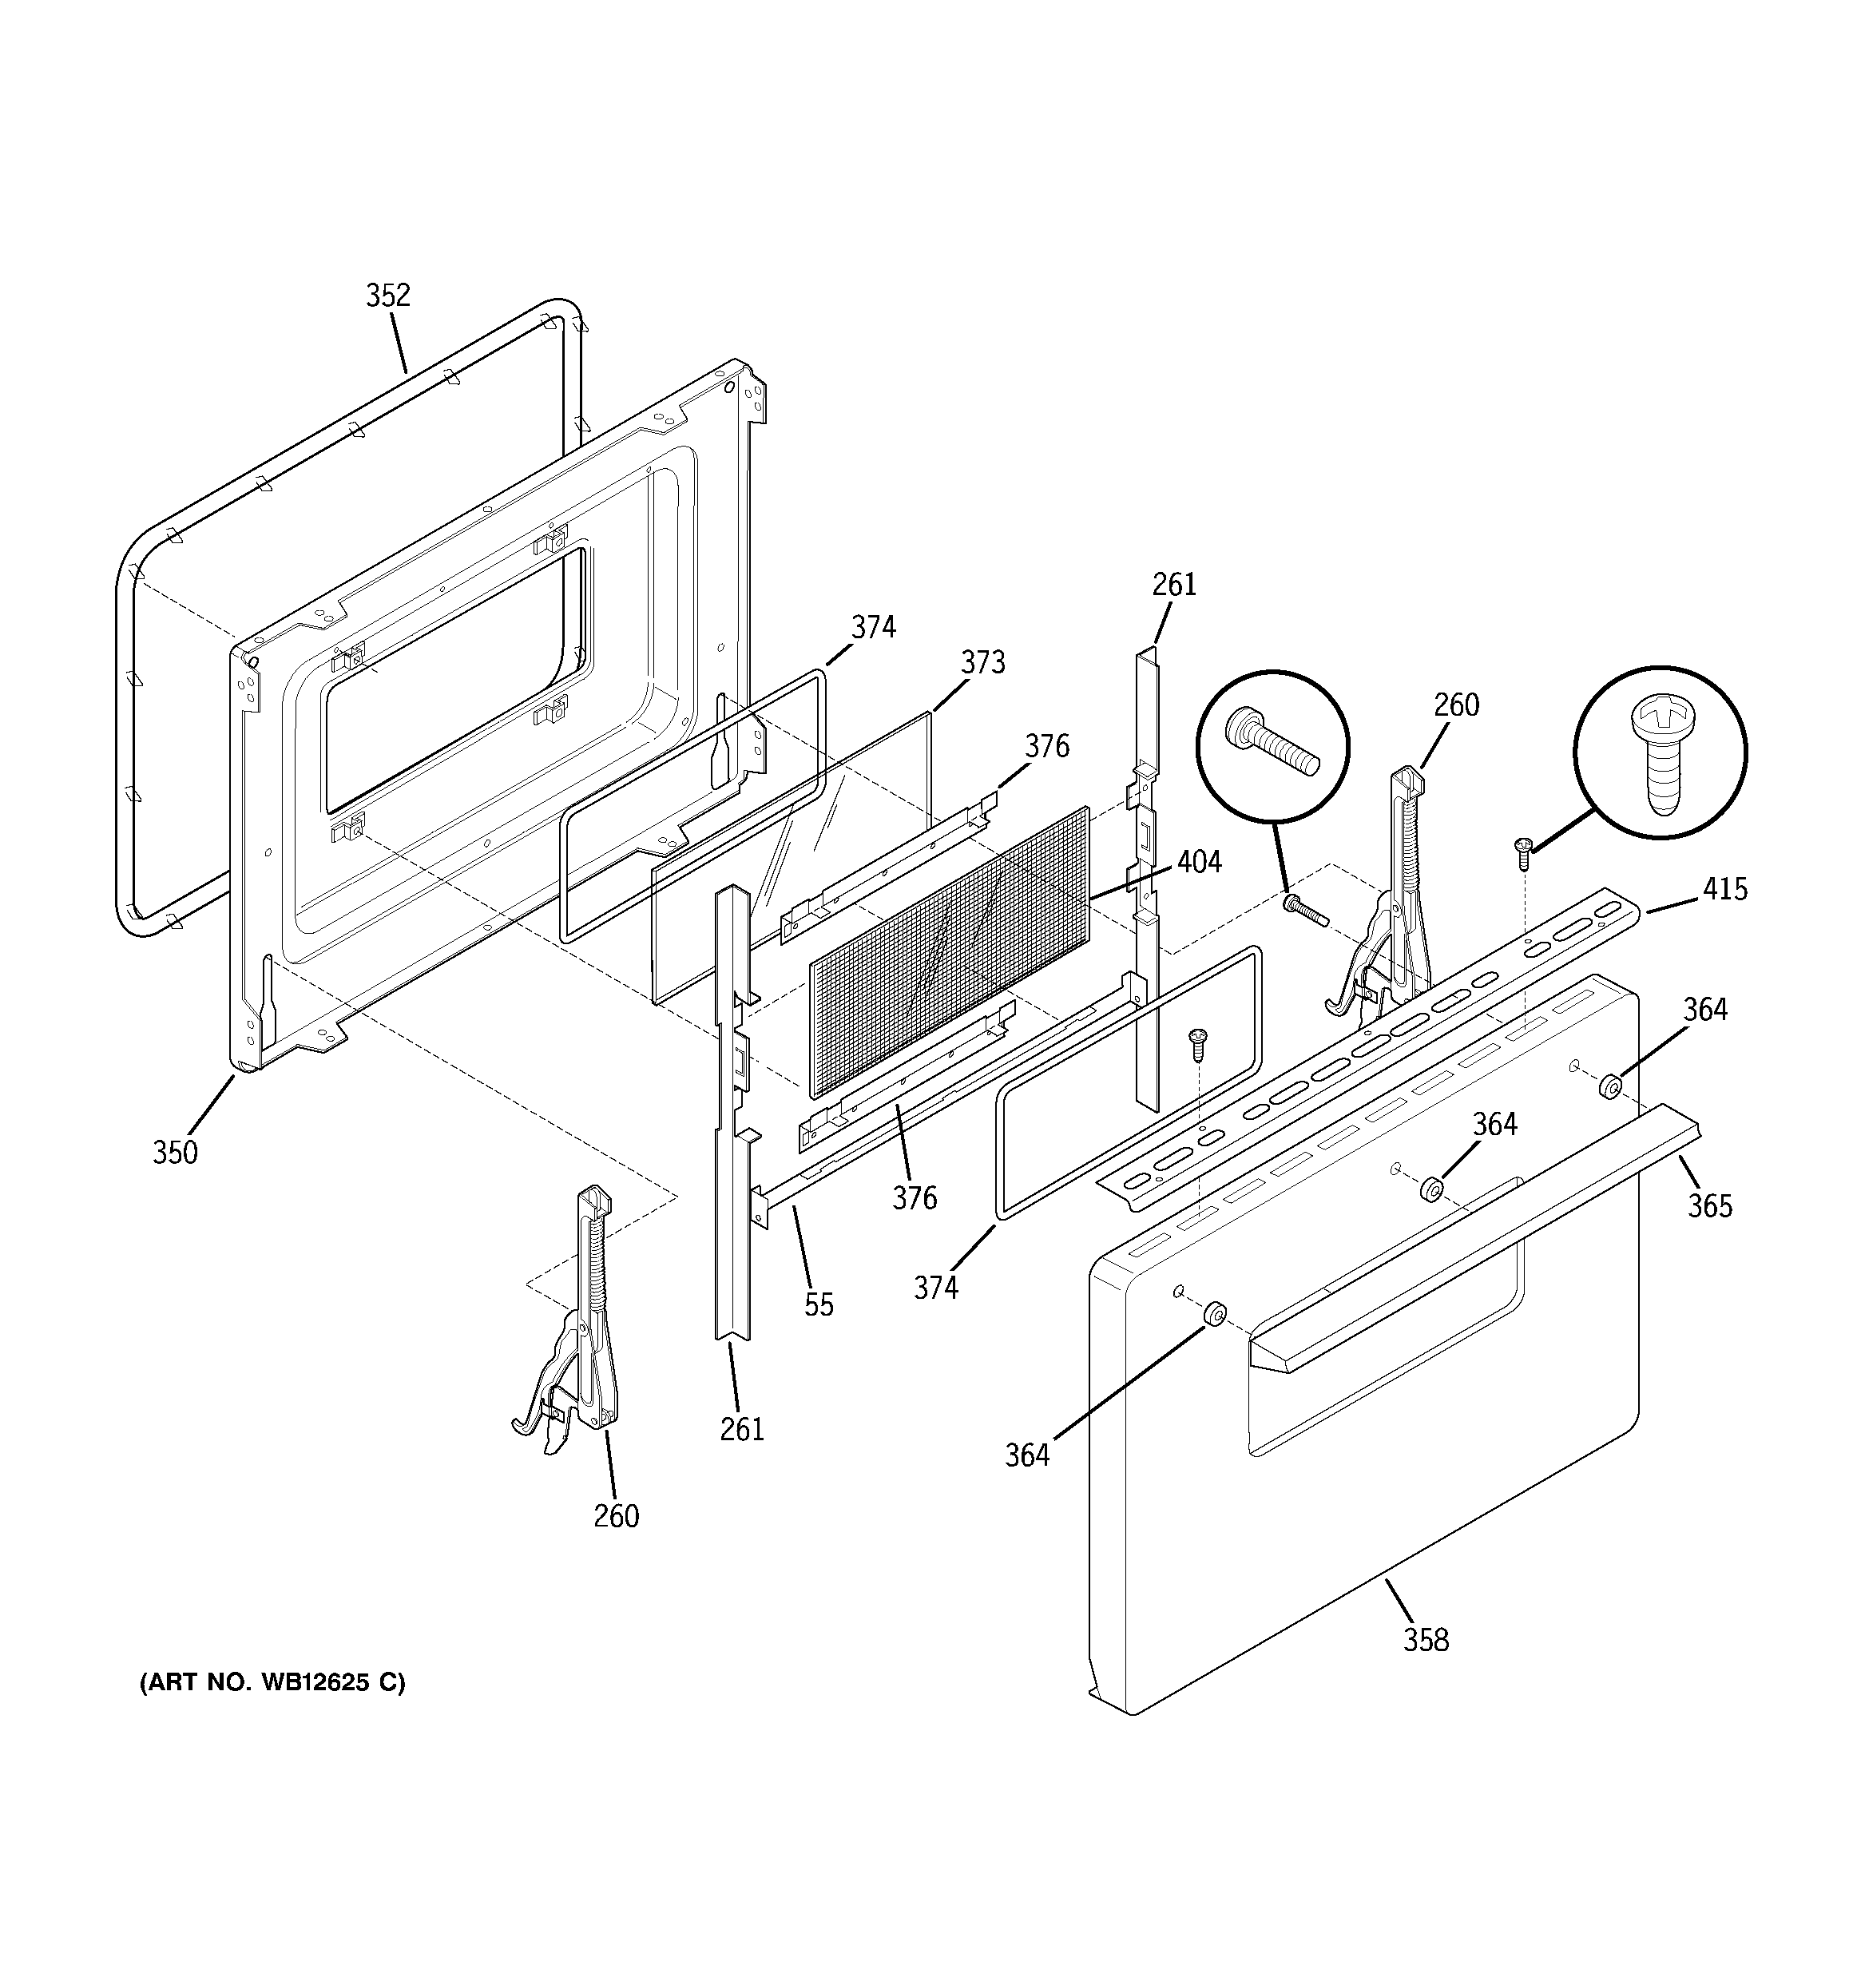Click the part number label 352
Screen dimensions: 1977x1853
(x=388, y=296)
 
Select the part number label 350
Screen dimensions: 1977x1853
(x=175, y=1153)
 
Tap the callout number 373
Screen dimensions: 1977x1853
(x=982, y=662)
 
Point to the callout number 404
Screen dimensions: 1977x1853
(x=1199, y=861)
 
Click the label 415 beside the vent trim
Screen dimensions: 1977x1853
(x=1724, y=888)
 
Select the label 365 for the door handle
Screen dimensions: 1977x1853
(x=1708, y=1206)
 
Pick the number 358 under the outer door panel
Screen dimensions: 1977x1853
(x=1426, y=1640)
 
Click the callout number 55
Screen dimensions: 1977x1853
(x=819, y=1304)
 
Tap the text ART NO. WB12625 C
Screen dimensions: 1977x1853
(x=272, y=1682)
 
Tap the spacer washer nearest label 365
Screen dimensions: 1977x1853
(x=1609, y=1087)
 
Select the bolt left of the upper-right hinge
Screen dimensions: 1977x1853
(x=1302, y=909)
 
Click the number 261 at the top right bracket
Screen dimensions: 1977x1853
(x=1173, y=585)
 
